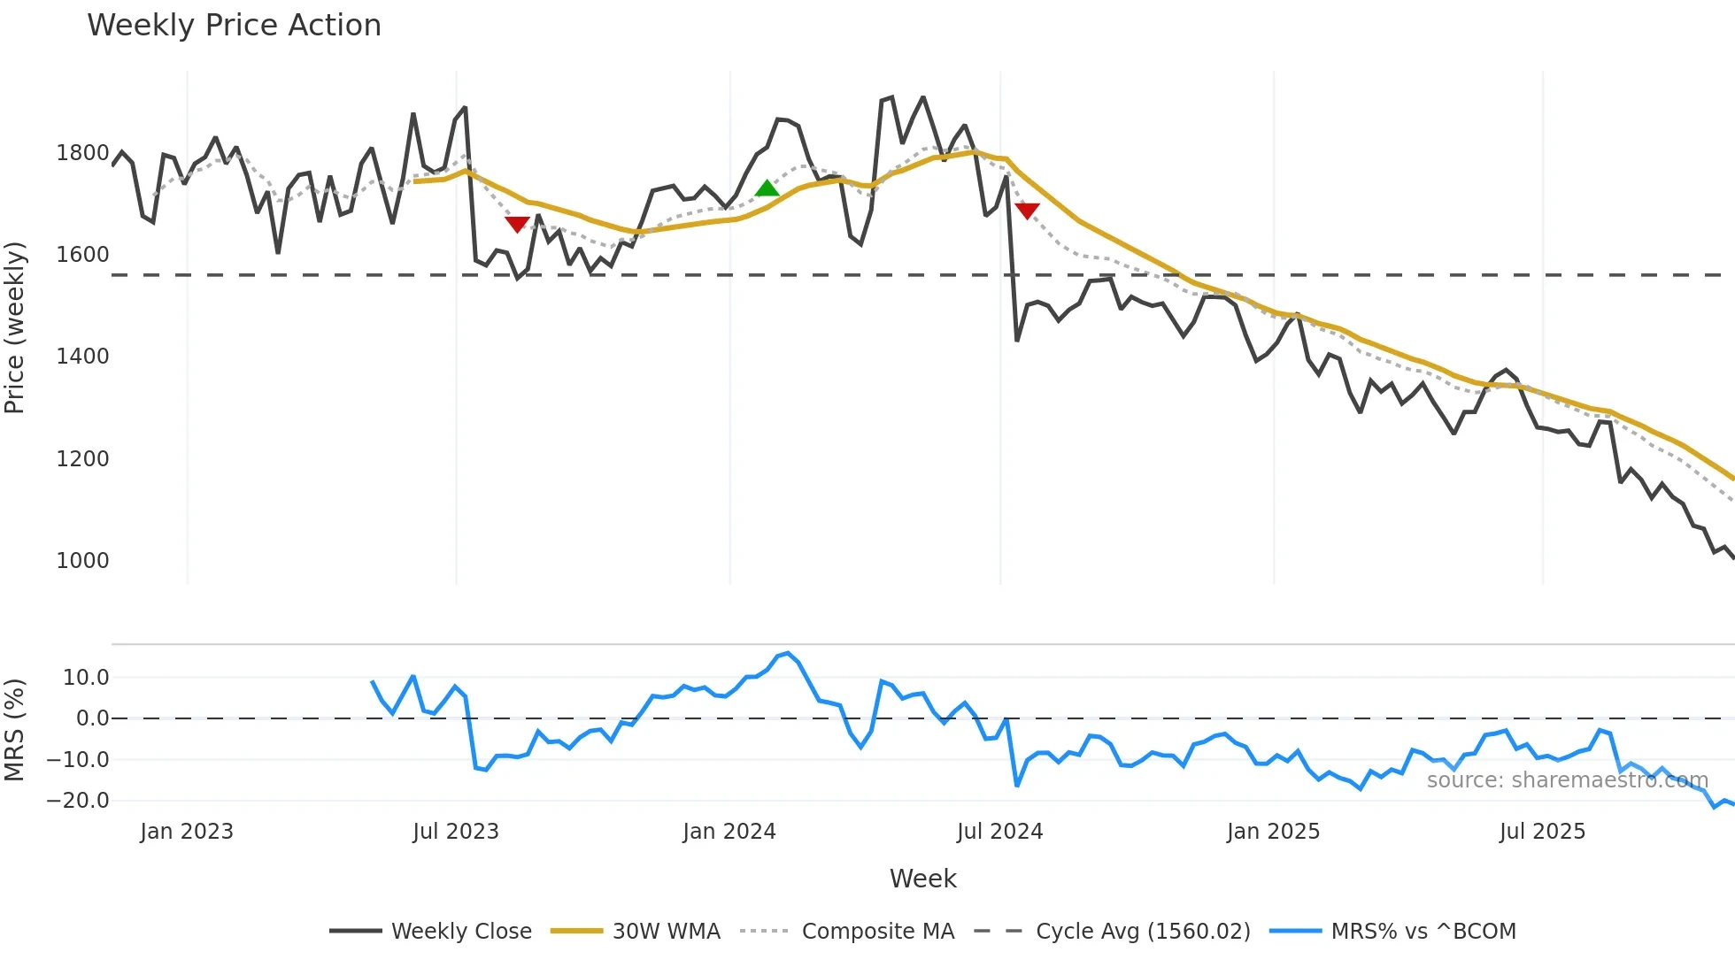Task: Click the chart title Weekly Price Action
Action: coord(234,26)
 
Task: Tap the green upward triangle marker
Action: coord(767,188)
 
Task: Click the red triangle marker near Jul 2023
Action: coord(517,224)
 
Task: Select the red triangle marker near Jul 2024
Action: coord(1027,211)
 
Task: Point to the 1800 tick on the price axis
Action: coord(82,153)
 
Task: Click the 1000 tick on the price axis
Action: coord(82,561)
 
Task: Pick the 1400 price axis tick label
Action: coord(82,357)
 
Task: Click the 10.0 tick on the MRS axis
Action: coord(86,678)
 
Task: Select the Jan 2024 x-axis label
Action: coord(729,832)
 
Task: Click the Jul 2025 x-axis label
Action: coord(1542,832)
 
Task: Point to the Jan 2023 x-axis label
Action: coord(187,832)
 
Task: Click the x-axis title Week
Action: coord(922,879)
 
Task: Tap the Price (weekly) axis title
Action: coord(15,327)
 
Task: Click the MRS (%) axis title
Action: coord(15,730)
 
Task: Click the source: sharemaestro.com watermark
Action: coord(1567,780)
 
